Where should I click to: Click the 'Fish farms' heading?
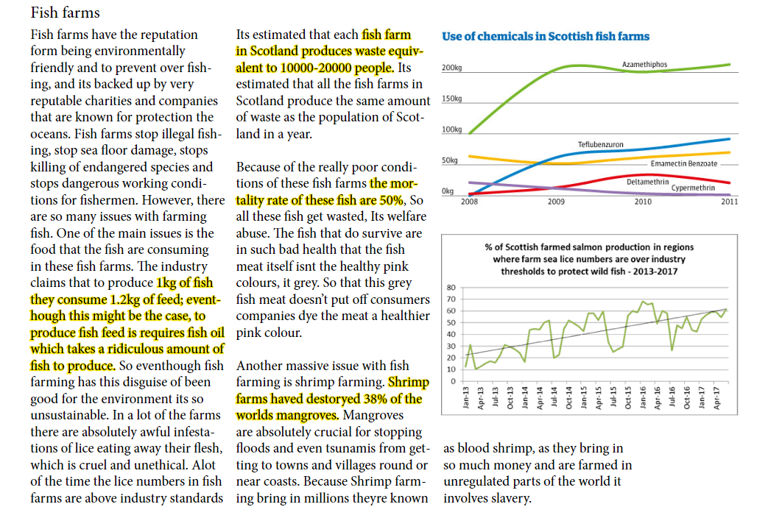(65, 13)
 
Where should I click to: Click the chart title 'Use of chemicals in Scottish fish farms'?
(545, 37)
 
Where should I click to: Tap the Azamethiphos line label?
(644, 64)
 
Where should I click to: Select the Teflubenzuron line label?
(601, 144)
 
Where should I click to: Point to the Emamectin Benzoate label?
(684, 163)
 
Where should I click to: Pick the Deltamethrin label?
(647, 182)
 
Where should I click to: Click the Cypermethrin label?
(693, 188)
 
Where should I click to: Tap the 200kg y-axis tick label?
(451, 68)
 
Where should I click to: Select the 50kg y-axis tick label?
(450, 160)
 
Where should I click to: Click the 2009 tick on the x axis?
(556, 201)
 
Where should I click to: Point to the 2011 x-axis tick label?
(729, 201)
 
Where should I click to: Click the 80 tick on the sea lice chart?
(451, 287)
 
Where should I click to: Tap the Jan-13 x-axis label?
(466, 397)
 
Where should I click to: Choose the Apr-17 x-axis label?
(716, 397)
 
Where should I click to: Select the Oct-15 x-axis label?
(628, 397)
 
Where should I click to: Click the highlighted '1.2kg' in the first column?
(124, 299)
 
